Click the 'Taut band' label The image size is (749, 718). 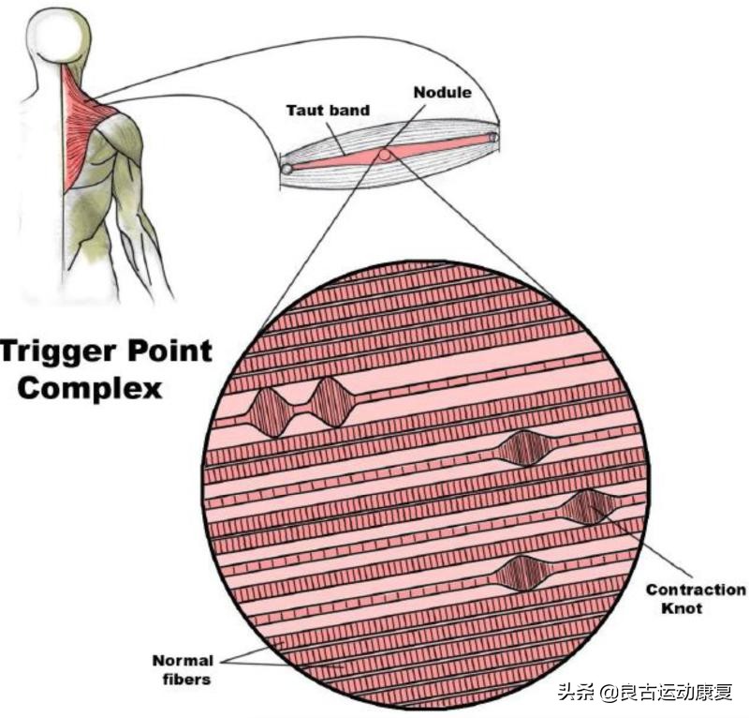(327, 111)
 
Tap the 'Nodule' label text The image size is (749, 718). (442, 93)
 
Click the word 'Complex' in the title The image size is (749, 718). (90, 387)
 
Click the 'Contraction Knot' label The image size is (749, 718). (696, 598)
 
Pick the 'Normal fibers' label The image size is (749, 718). (183, 669)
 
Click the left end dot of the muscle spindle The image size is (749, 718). (286, 169)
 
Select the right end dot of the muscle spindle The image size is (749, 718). (493, 139)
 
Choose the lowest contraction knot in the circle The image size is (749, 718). (522, 573)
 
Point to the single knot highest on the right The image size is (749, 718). (524, 449)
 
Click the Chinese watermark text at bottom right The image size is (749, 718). (646, 693)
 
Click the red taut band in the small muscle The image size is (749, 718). (421, 150)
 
